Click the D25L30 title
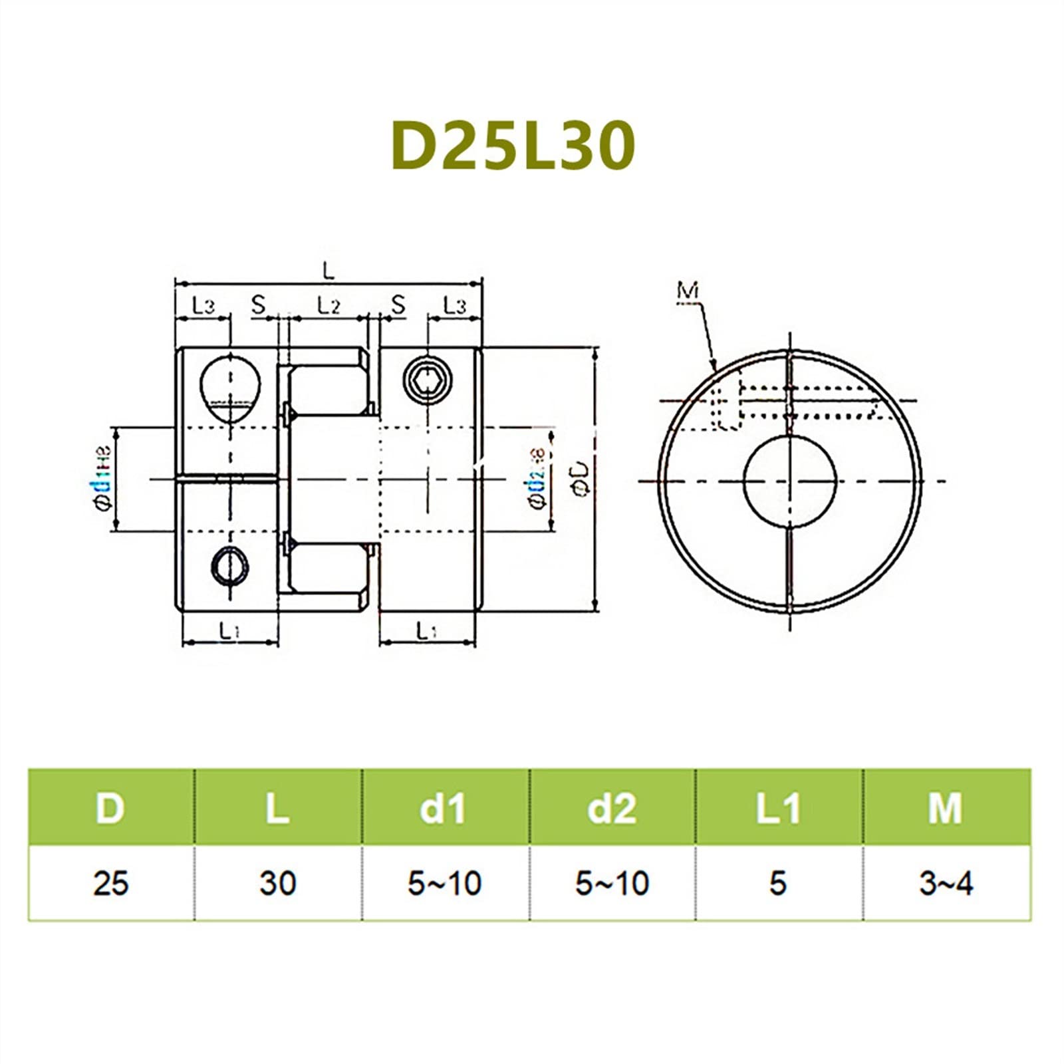coord(513,146)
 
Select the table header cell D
coord(110,808)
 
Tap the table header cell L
coord(277,808)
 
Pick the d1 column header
coord(444,808)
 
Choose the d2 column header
coord(612,808)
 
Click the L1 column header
coord(779,808)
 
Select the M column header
coord(946,808)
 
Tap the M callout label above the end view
coord(688,291)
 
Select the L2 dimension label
coord(328,305)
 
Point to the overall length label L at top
coord(328,270)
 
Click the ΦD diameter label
coord(581,479)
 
